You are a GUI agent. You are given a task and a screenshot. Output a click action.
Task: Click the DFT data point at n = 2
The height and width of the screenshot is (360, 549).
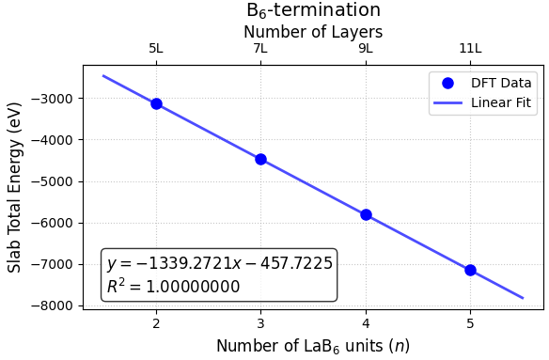click(x=156, y=103)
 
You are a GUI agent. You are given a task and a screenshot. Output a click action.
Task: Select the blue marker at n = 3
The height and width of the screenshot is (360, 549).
click(x=260, y=159)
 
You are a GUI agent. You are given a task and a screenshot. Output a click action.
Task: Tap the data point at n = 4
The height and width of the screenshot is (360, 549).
click(x=366, y=214)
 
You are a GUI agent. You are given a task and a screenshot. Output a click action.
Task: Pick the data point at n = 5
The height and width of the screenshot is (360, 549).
click(x=470, y=270)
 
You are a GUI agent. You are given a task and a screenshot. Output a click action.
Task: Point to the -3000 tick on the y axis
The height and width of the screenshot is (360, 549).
click(x=56, y=99)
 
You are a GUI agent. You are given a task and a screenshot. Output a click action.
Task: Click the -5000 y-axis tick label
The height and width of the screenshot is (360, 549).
click(x=56, y=181)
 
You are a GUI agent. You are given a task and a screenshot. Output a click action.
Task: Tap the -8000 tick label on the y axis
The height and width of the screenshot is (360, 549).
click(x=56, y=306)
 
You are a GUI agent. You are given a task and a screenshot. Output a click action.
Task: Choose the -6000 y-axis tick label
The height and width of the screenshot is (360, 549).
click(x=56, y=223)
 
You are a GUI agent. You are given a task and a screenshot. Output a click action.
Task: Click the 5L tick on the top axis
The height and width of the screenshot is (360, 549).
click(x=156, y=49)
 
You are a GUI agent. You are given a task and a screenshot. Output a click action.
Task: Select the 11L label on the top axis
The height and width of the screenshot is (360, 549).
click(x=470, y=49)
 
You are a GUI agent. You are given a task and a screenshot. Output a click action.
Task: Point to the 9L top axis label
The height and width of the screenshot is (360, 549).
click(x=366, y=49)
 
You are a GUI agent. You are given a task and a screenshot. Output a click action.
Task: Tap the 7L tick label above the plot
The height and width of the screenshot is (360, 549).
click(x=260, y=49)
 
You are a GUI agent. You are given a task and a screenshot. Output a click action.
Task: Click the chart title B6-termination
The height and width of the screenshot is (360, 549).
click(x=313, y=10)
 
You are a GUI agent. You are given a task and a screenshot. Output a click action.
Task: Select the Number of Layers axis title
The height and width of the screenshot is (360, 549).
click(x=313, y=31)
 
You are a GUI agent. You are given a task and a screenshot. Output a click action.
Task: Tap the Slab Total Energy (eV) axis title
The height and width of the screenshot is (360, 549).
click(x=15, y=187)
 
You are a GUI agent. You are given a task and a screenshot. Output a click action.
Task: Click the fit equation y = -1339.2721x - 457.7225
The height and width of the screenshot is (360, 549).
click(x=219, y=264)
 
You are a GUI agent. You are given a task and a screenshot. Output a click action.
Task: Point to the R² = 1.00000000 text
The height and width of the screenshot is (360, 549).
click(x=173, y=287)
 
